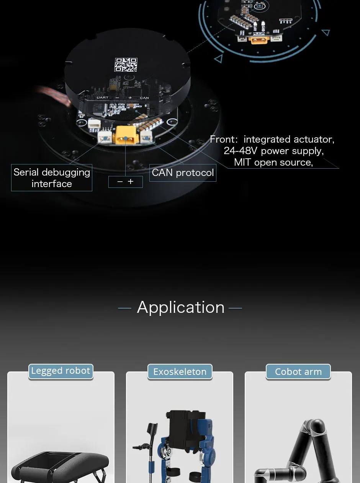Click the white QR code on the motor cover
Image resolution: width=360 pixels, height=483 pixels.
(126, 64)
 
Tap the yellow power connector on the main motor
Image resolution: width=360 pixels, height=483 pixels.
(125, 135)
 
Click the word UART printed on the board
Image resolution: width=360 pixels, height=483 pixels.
(102, 98)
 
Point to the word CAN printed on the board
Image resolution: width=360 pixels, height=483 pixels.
(144, 98)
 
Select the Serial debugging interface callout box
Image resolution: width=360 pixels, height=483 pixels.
(52, 178)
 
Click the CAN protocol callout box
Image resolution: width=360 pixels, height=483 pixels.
(183, 173)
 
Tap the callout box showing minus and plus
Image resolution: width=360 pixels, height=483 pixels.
(125, 182)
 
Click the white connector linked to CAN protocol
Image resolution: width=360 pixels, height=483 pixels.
(146, 136)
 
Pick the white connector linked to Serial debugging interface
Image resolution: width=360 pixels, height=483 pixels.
(104, 137)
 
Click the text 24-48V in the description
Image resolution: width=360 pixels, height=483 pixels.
(241, 151)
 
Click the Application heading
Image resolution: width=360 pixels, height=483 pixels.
(180, 307)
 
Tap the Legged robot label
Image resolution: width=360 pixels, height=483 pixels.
(61, 371)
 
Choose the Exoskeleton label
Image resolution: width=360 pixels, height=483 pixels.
(180, 372)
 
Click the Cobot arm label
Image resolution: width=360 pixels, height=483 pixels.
(298, 372)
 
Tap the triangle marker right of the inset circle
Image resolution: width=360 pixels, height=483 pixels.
(326, 32)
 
